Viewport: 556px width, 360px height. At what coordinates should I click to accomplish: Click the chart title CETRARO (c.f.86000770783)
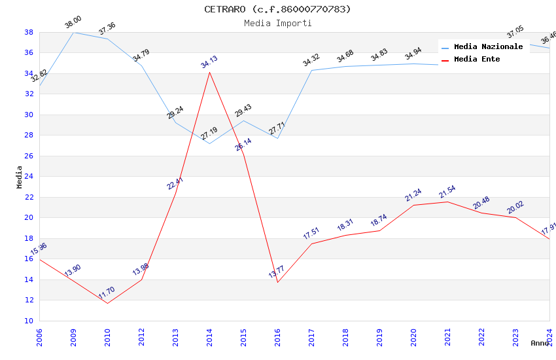click(x=277, y=9)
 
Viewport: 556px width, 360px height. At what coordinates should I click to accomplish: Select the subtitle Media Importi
click(x=277, y=23)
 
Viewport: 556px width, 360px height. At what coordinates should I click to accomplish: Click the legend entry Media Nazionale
click(x=488, y=46)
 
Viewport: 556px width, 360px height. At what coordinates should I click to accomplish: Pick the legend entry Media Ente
click(x=477, y=59)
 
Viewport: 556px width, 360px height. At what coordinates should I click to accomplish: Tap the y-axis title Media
click(x=20, y=177)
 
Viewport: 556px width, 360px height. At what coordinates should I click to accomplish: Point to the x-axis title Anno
click(x=540, y=343)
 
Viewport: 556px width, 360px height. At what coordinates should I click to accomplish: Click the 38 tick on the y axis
click(x=29, y=32)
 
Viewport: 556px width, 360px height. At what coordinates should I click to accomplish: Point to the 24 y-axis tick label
click(x=29, y=177)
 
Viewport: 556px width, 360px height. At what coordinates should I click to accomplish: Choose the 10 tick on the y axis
click(x=29, y=321)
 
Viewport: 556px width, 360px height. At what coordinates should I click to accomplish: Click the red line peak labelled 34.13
click(x=209, y=71)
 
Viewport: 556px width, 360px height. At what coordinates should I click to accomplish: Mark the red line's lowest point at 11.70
click(x=107, y=303)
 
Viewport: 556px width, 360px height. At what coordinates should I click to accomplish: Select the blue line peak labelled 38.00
click(x=73, y=32)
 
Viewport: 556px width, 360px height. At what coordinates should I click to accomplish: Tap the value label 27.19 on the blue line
click(x=209, y=134)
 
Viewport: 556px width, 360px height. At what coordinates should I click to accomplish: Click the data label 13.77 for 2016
click(x=277, y=272)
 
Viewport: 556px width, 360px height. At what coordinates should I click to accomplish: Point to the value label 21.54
click(x=447, y=192)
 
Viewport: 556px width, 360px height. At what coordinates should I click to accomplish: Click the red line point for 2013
click(x=175, y=192)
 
